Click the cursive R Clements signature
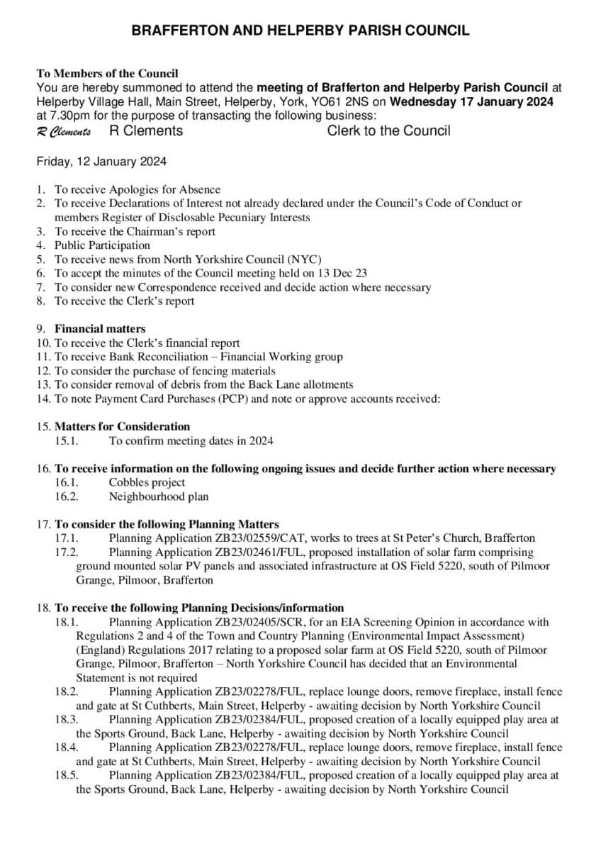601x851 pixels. [x=64, y=132]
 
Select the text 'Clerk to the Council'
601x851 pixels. [x=388, y=130]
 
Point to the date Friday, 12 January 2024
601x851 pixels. [x=101, y=161]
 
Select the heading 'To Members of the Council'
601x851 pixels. [x=107, y=73]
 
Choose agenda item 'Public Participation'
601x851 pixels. [x=103, y=245]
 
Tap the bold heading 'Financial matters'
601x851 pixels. [x=100, y=329]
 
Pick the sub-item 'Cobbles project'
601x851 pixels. [x=147, y=482]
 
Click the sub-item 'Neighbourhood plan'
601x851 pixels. [x=158, y=496]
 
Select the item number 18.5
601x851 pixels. [x=66, y=776]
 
